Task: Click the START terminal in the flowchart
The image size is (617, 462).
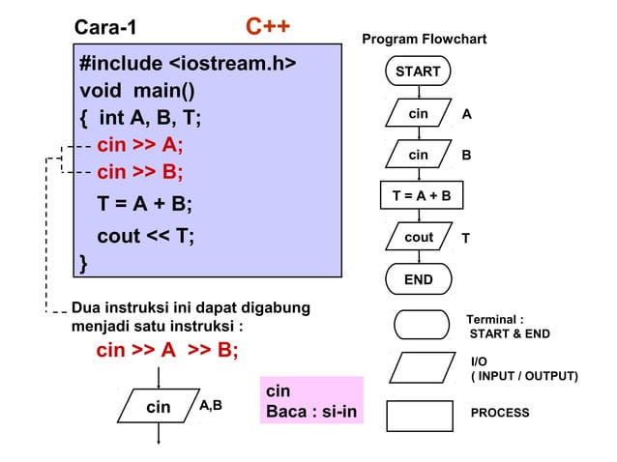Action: (x=418, y=72)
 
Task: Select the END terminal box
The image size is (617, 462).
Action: (x=418, y=280)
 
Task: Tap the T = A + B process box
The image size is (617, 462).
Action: (x=421, y=197)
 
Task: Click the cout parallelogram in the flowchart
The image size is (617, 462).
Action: (x=419, y=238)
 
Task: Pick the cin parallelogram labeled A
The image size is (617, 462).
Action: (x=418, y=114)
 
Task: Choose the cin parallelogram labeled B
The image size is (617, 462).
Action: (x=418, y=155)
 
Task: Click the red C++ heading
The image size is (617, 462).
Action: (x=268, y=26)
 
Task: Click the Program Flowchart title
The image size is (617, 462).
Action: (x=424, y=40)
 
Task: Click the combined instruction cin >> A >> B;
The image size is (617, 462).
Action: (x=167, y=350)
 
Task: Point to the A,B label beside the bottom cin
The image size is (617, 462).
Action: (x=210, y=405)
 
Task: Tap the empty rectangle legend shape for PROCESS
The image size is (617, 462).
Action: (x=419, y=415)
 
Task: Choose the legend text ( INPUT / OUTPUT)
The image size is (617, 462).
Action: (x=523, y=376)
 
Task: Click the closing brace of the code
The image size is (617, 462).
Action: (x=83, y=262)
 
